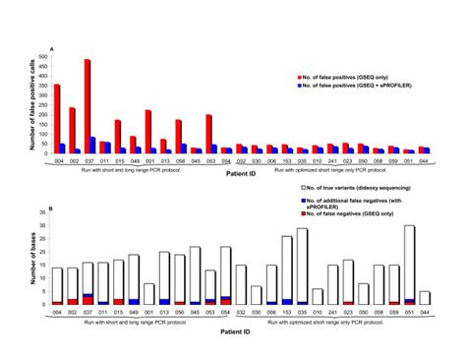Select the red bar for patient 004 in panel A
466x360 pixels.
click(x=56, y=119)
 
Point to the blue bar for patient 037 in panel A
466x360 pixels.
click(x=92, y=145)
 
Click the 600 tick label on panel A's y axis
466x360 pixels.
click(x=42, y=55)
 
